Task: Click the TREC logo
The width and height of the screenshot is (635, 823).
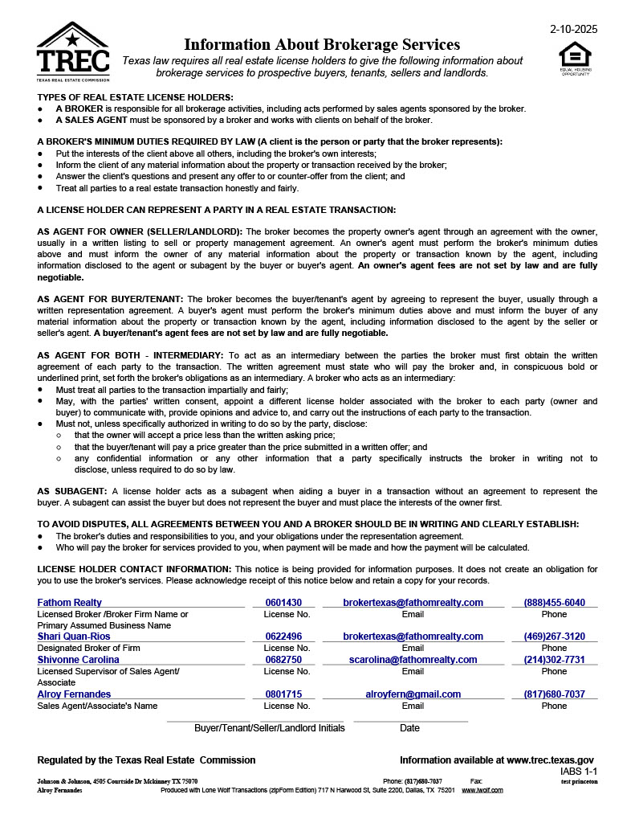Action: click(x=73, y=51)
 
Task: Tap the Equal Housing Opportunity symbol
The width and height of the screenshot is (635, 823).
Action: click(x=574, y=58)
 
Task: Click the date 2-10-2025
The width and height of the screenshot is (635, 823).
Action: click(x=573, y=29)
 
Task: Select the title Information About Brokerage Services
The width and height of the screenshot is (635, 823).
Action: click(x=322, y=44)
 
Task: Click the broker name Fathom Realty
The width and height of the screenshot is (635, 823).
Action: click(x=70, y=603)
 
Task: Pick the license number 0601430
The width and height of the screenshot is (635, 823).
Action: click(x=283, y=603)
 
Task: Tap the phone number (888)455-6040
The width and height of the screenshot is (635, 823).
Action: click(x=554, y=603)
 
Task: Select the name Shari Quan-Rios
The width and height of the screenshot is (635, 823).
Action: click(x=74, y=637)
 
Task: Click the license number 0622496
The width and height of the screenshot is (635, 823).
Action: click(x=283, y=637)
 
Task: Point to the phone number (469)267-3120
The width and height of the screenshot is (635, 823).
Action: click(x=554, y=637)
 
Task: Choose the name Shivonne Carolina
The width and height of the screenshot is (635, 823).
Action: click(x=79, y=660)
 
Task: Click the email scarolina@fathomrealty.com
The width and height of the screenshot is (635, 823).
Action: click(x=413, y=660)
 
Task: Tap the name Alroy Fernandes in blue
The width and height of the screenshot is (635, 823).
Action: click(x=74, y=694)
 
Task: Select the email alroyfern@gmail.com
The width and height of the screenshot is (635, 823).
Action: click(x=413, y=694)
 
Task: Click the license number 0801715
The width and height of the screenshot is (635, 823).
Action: click(x=283, y=694)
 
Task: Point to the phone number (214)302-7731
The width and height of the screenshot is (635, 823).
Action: click(x=554, y=660)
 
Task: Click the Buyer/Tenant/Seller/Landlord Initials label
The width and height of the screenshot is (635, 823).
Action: click(x=270, y=728)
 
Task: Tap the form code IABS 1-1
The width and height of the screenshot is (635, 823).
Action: click(x=579, y=772)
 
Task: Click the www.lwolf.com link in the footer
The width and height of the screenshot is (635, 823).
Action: click(x=482, y=790)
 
